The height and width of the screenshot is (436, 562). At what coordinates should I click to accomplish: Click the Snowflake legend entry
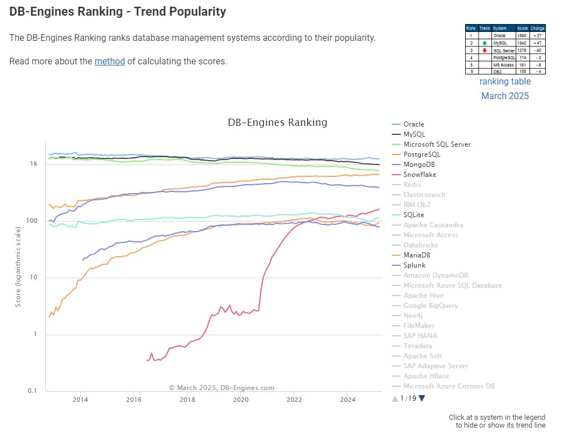click(x=420, y=175)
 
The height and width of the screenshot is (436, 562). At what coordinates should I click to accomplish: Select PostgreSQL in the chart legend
click(x=421, y=154)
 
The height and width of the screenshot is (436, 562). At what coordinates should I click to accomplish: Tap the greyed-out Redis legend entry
click(x=413, y=185)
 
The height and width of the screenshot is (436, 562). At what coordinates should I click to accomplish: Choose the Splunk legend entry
click(x=415, y=265)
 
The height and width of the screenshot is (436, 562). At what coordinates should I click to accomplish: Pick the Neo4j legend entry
click(x=414, y=316)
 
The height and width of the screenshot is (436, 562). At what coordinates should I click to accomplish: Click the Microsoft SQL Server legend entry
click(x=437, y=144)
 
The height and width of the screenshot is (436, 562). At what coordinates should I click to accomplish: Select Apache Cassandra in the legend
click(x=433, y=225)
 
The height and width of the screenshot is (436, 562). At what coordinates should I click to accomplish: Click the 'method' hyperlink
click(x=110, y=61)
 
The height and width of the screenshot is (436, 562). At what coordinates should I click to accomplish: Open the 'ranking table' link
click(x=505, y=82)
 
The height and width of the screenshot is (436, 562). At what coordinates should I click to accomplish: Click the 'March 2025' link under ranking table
click(x=505, y=96)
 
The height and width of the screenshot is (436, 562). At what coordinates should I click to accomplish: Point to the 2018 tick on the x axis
click(x=187, y=400)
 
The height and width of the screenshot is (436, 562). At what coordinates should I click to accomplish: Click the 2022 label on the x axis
click(x=294, y=400)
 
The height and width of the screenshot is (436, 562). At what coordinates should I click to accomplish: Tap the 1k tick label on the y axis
click(x=34, y=164)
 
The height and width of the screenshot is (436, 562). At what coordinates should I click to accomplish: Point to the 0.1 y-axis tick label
click(x=33, y=391)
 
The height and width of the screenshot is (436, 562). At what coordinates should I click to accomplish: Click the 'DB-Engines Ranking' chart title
click(x=277, y=123)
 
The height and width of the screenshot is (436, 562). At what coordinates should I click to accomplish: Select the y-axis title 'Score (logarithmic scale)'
click(x=18, y=266)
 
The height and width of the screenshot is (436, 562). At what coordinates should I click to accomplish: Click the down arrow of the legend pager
click(x=422, y=399)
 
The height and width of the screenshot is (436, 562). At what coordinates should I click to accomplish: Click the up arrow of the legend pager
click(x=395, y=399)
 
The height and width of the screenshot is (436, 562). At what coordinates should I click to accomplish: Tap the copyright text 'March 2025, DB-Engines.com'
click(x=222, y=387)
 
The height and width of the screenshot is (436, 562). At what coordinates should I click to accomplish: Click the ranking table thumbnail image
click(x=505, y=49)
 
